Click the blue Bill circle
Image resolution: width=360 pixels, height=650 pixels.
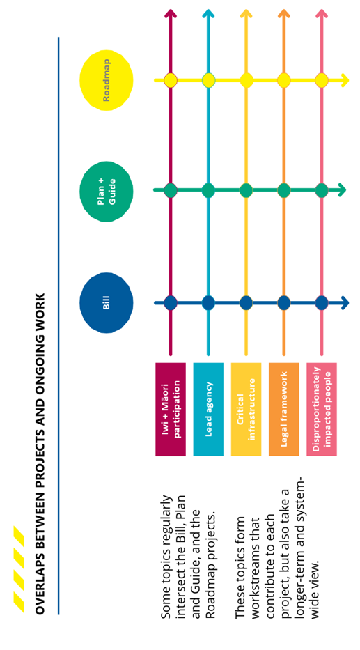tap(106, 302)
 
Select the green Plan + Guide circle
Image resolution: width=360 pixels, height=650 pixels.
tap(106, 191)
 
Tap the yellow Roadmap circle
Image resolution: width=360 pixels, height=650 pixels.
tap(106, 80)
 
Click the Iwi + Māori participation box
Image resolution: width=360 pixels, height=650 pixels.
tap(171, 409)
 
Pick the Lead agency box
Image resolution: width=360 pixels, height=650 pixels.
tap(208, 409)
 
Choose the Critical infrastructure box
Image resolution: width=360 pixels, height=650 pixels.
tap(246, 409)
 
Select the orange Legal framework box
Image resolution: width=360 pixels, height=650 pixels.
tap(283, 409)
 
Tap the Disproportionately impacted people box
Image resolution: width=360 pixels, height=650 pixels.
tap(322, 409)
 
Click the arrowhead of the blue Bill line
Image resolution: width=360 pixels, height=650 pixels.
tap(345, 302)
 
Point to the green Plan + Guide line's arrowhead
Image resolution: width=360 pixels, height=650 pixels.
tap(341, 190)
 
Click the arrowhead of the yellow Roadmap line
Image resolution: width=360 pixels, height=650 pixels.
tap(345, 80)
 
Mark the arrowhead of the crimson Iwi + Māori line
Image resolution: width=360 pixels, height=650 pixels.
tap(171, 15)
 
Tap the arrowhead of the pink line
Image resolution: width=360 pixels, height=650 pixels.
tap(322, 15)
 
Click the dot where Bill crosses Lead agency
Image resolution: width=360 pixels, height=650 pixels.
tap(208, 302)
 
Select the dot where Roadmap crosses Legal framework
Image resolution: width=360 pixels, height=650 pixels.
tap(283, 80)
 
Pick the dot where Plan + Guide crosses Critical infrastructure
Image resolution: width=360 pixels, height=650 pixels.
tap(246, 190)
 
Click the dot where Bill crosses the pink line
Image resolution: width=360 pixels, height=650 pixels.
tap(322, 302)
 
